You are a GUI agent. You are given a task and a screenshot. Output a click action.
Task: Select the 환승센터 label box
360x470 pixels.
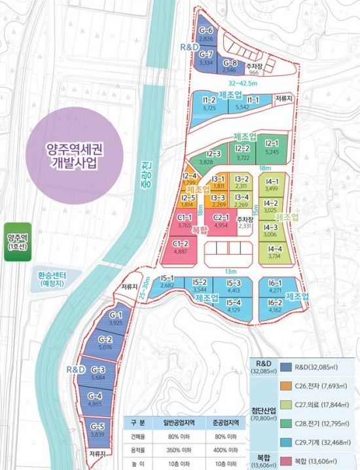click(56, 279)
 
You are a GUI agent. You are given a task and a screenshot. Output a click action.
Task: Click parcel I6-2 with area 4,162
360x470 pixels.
click(275, 305)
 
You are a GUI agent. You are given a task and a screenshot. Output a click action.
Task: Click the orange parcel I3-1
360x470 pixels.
click(219, 181)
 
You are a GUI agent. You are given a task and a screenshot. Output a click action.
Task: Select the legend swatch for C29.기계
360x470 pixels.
click(285, 445)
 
